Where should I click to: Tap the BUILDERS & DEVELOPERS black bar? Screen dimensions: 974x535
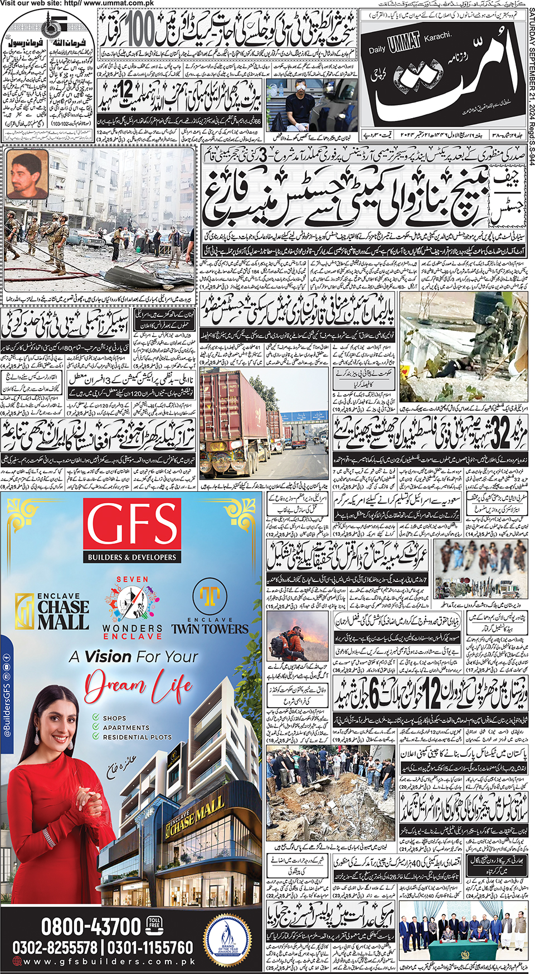132,557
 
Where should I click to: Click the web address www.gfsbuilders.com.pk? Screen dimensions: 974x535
109,962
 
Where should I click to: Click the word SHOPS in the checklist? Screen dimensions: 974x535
114,718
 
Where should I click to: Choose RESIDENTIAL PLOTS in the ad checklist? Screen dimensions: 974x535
137,737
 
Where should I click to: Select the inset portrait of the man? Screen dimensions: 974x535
27,175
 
